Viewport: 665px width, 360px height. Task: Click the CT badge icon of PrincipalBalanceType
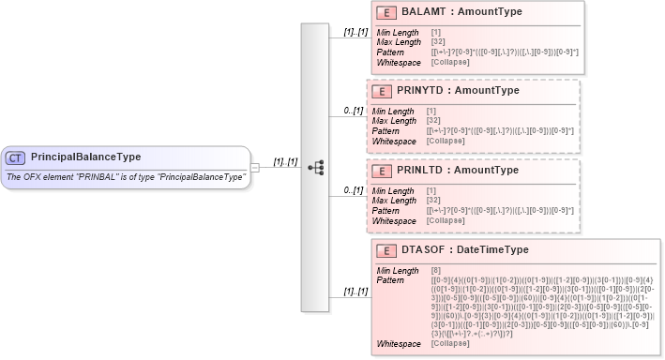pyautogui.click(x=17, y=157)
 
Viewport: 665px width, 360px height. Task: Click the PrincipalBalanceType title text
pyautogui.click(x=86, y=157)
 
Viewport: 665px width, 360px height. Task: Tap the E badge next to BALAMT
pyautogui.click(x=384, y=12)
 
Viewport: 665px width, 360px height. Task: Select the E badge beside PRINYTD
pyautogui.click(x=384, y=92)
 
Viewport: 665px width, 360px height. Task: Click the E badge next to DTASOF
pyautogui.click(x=384, y=250)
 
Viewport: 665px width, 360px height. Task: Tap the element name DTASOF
pyautogui.click(x=423, y=250)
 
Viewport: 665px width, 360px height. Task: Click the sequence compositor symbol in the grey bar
pyautogui.click(x=315, y=168)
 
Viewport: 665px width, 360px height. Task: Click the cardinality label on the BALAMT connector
pyautogui.click(x=354, y=32)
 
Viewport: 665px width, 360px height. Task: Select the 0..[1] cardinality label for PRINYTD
pyautogui.click(x=353, y=112)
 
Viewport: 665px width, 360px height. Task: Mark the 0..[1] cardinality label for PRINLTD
pyautogui.click(x=353, y=190)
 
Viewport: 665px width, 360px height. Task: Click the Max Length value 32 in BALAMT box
pyautogui.click(x=437, y=41)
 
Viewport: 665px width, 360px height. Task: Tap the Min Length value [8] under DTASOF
pyautogui.click(x=436, y=271)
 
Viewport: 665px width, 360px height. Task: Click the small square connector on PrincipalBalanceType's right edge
pyautogui.click(x=255, y=168)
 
